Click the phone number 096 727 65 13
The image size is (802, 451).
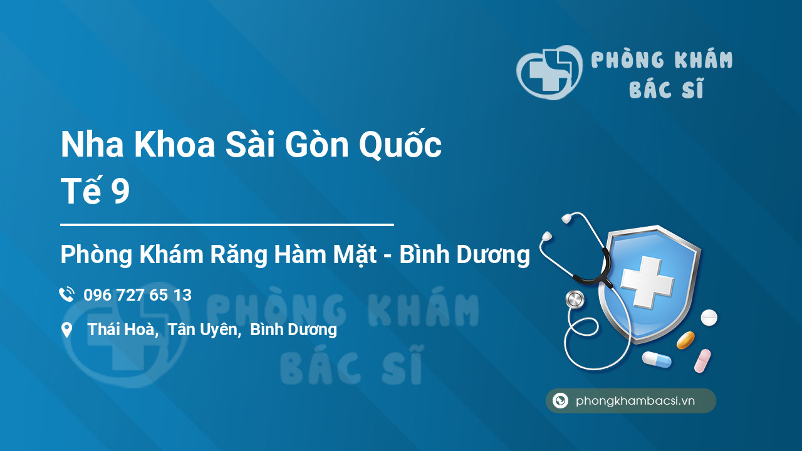pos(137,295)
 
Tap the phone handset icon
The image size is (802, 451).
pos(66,294)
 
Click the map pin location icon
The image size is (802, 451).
pos(66,330)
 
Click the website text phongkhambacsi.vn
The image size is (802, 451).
pos(635,401)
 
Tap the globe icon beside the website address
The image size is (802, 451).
pos(560,400)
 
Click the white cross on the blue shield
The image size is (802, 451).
pos(647,281)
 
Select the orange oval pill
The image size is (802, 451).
pos(685,340)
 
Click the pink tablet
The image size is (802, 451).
pos(702,361)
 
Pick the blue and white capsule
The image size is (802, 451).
pos(657,360)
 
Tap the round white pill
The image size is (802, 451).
pos(709,318)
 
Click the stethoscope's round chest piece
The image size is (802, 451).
pos(575,299)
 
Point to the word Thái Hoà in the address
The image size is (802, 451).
pos(123,329)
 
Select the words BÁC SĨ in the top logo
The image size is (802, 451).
pos(666,88)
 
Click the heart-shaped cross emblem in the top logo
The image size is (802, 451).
pos(549,72)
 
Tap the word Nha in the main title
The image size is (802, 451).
pos(92,145)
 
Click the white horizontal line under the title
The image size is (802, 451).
pos(227,225)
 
